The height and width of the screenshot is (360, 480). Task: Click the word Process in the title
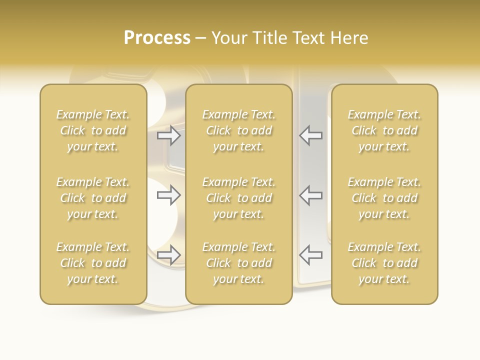pos(157,38)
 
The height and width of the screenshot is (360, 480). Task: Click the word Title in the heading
pos(269,38)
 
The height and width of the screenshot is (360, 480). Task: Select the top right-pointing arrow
pos(169,135)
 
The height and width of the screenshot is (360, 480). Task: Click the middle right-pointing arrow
pos(169,195)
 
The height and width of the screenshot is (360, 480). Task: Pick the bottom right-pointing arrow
pos(169,254)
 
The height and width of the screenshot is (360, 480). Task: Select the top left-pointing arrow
pos(310,135)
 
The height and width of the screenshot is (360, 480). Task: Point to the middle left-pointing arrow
pos(310,195)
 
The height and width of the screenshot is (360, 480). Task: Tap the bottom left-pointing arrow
pos(310,254)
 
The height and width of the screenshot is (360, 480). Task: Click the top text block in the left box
pos(93,130)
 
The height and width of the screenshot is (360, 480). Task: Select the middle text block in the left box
pos(93,198)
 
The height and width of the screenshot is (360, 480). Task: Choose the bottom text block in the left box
pos(93,263)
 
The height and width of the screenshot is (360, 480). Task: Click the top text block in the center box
pos(238,130)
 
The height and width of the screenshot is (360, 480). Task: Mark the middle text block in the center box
pos(238,198)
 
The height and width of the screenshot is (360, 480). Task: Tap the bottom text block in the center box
pos(238,263)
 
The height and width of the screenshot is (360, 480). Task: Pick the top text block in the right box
pos(384,130)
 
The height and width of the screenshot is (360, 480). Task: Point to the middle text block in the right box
pos(384,198)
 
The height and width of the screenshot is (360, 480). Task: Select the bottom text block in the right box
pos(384,263)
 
